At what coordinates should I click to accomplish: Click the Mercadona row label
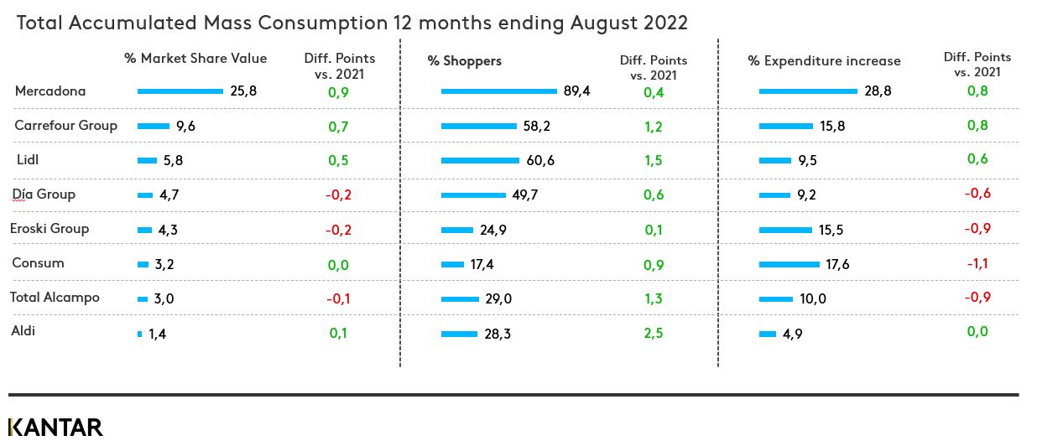point(50,91)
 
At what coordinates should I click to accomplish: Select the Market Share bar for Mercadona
point(180,91)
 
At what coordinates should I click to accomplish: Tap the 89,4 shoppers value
point(577,91)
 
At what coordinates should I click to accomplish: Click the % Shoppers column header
point(465,60)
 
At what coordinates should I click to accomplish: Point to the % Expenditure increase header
point(824,60)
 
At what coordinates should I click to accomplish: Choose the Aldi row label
point(23,331)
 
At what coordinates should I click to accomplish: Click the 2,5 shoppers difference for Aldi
point(654,333)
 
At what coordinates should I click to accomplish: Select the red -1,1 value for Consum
point(977,262)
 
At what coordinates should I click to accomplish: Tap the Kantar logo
point(55,427)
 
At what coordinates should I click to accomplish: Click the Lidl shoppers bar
point(480,160)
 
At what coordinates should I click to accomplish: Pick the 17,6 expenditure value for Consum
point(838,264)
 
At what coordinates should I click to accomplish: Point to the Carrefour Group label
point(65,125)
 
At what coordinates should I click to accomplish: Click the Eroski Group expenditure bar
point(785,230)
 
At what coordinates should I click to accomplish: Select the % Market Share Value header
point(195,58)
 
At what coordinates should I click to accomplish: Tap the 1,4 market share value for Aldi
point(159,334)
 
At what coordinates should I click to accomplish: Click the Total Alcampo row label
point(55,297)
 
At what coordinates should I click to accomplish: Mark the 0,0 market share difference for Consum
point(339,264)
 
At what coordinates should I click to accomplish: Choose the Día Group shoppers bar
point(472,195)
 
